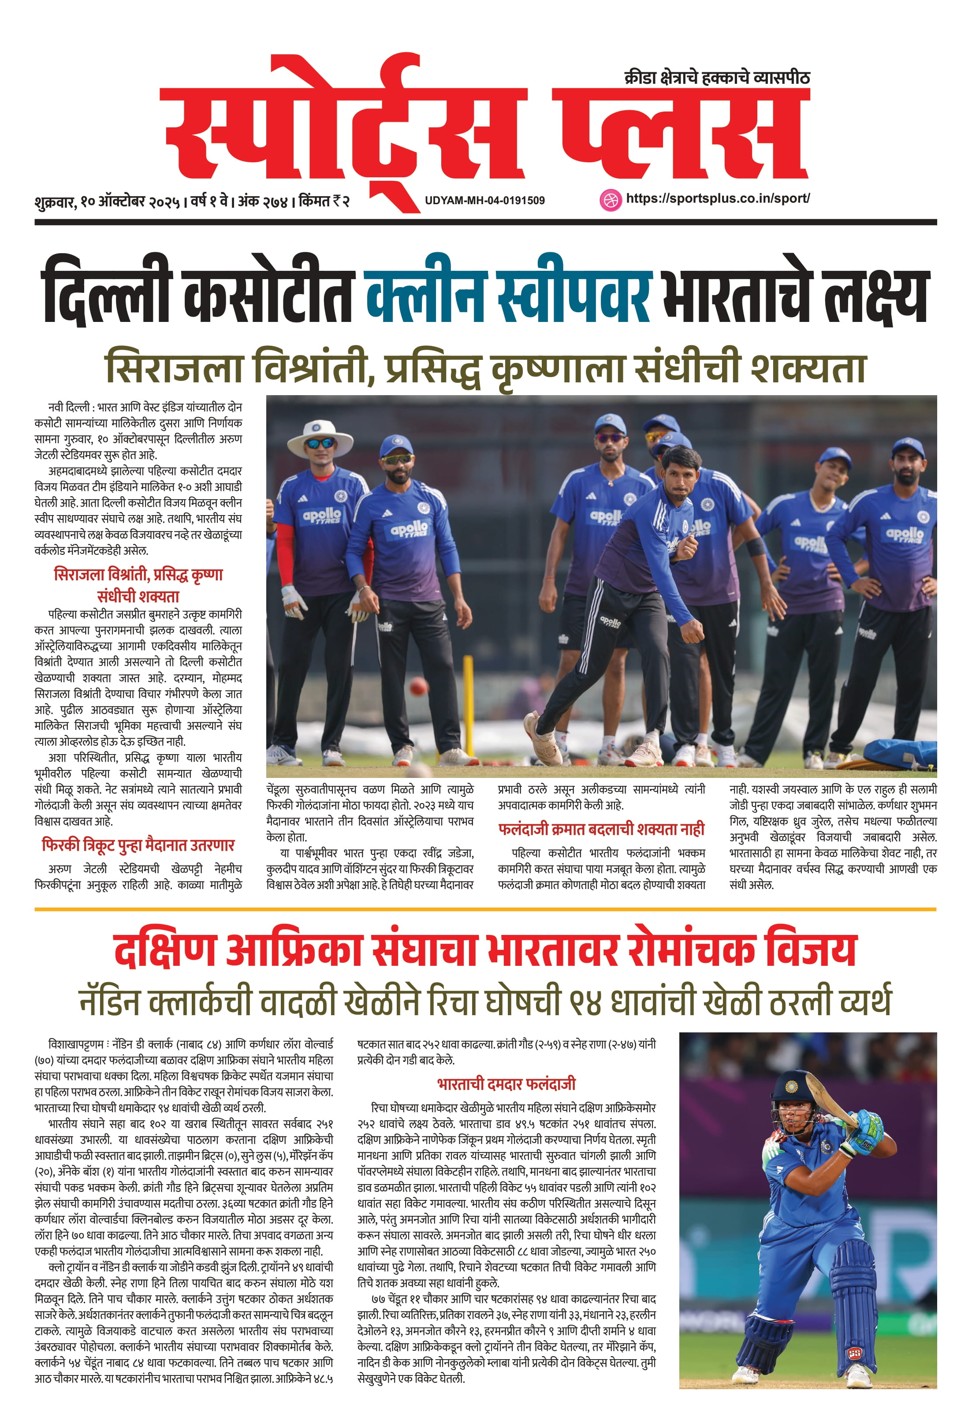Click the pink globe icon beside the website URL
point(609,200)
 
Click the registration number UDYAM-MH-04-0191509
point(484,200)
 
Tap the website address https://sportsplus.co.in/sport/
point(718,198)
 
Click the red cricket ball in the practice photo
point(418,686)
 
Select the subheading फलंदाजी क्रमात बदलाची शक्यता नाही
point(601,830)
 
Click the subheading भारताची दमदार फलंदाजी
point(506,1084)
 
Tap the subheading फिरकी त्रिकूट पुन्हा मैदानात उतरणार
point(138,845)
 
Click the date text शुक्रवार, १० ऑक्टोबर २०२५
point(107,202)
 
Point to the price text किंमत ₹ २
point(324,201)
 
